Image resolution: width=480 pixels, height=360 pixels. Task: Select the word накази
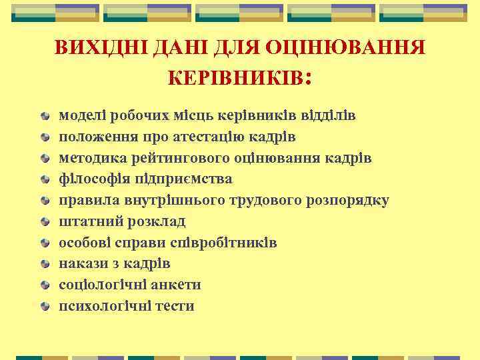(x=79, y=263)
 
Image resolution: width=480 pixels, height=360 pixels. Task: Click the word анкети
(x=178, y=285)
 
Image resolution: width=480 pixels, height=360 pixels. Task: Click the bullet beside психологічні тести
(x=44, y=307)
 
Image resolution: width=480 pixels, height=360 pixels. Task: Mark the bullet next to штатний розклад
(x=44, y=222)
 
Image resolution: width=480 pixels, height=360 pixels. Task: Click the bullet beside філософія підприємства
(x=44, y=179)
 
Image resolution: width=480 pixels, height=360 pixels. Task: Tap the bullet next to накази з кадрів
(x=44, y=264)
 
